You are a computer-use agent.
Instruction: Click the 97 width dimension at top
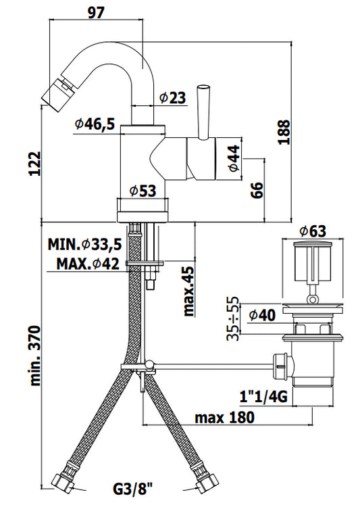[x=96, y=12]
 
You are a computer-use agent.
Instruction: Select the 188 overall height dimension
[x=284, y=132]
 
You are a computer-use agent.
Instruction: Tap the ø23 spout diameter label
[x=173, y=97]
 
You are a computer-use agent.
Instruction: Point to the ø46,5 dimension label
[x=95, y=123]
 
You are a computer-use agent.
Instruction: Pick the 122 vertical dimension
[x=35, y=164]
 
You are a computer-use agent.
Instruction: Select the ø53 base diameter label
[x=143, y=191]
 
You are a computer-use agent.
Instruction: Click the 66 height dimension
[x=257, y=190]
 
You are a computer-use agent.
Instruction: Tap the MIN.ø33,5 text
[x=85, y=245]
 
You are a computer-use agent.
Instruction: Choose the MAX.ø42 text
[x=88, y=264]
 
